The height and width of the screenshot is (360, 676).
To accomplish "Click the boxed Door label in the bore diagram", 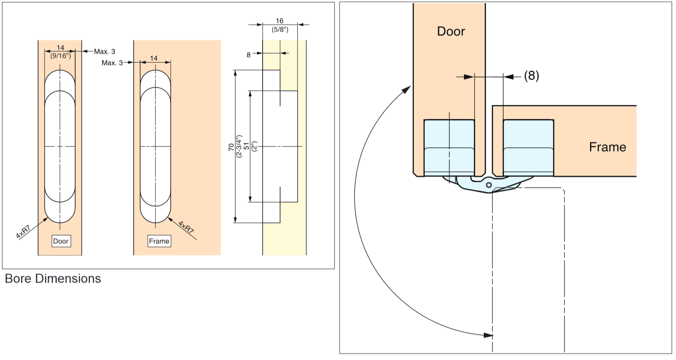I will point(61,241).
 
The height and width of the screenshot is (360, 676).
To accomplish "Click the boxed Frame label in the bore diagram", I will point(159,241).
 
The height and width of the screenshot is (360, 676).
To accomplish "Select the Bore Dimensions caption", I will point(53,278).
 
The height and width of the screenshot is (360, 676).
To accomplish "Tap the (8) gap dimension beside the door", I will point(531,76).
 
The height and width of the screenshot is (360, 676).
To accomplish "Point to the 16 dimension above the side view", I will point(279,21).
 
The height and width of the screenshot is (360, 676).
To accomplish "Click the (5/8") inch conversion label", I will point(279,30).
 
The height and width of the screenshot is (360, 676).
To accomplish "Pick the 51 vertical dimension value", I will point(246,147).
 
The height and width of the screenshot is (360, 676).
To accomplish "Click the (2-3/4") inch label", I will point(239,147).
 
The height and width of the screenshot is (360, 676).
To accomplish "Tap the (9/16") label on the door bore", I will point(60,56).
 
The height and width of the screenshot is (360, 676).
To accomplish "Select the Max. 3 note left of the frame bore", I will point(112,63).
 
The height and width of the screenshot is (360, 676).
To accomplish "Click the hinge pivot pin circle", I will point(489,185).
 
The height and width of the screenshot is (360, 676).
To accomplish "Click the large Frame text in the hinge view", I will point(607,147).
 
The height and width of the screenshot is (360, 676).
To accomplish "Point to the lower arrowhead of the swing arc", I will point(488,335).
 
